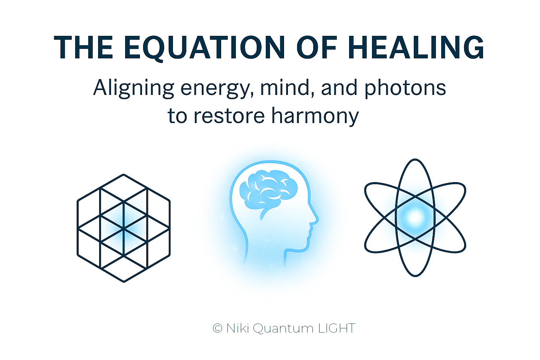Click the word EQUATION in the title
(204, 47)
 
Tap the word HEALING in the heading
(416, 47)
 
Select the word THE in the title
(83, 47)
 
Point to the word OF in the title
(316, 47)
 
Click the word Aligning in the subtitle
(134, 89)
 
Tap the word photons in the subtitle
(405, 89)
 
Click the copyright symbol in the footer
(218, 328)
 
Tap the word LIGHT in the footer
(337, 328)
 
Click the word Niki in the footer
(237, 328)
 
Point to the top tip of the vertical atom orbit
(415, 159)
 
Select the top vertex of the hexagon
(124, 175)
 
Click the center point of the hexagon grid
(124, 228)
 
